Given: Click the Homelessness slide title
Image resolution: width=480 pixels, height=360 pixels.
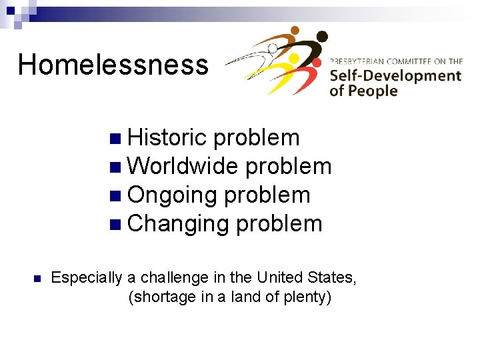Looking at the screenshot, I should pyautogui.click(x=113, y=65).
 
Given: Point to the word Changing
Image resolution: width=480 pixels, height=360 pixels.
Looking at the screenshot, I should pyautogui.click(x=177, y=224).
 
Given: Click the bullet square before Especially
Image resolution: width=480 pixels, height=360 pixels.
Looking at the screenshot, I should pyautogui.click(x=37, y=279).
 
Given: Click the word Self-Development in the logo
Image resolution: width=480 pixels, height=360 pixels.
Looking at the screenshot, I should pyautogui.click(x=395, y=75).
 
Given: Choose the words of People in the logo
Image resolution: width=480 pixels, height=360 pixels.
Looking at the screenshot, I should pyautogui.click(x=363, y=91).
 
